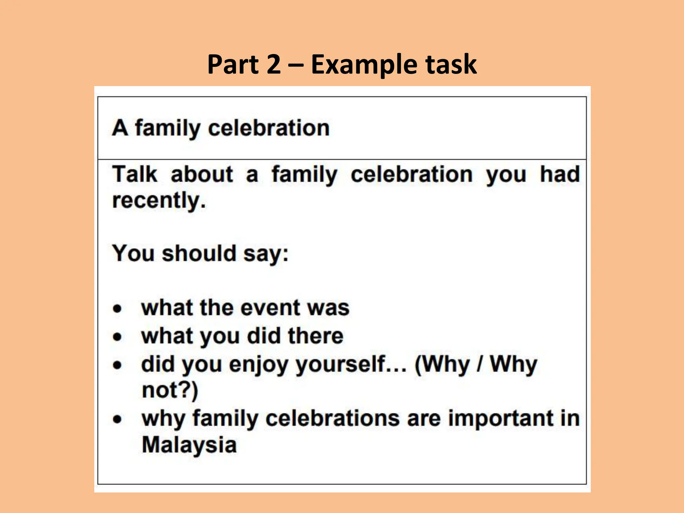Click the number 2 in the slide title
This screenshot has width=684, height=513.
(274, 64)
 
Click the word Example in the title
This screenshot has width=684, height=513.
(363, 65)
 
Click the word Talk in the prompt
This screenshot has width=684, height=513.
(135, 174)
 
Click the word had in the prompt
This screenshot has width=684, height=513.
(560, 174)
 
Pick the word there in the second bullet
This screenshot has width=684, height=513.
(316, 336)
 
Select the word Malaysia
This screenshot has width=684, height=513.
(189, 445)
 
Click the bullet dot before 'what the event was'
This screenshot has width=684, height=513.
(117, 308)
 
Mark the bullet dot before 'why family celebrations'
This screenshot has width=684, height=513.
(117, 419)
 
